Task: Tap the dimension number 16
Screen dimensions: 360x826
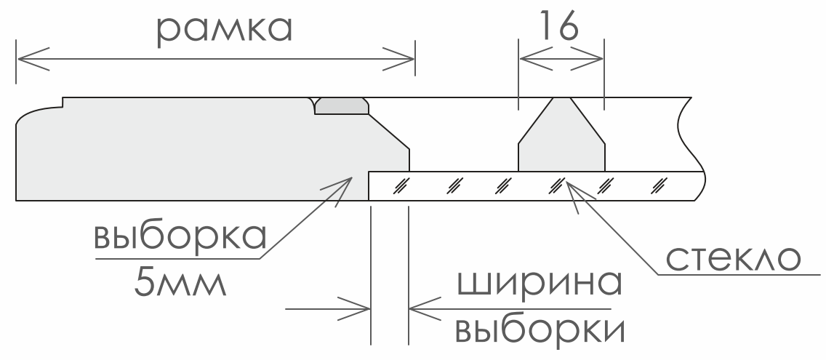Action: (x=559, y=25)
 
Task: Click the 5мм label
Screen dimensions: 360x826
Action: (x=180, y=283)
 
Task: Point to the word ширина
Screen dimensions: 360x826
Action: (x=540, y=284)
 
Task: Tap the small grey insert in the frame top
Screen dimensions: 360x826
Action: (x=342, y=106)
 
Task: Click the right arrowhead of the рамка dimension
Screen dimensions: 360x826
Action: (x=399, y=59)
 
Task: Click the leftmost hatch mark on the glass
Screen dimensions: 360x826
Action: (x=399, y=185)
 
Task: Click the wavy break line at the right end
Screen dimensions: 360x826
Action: (x=691, y=145)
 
